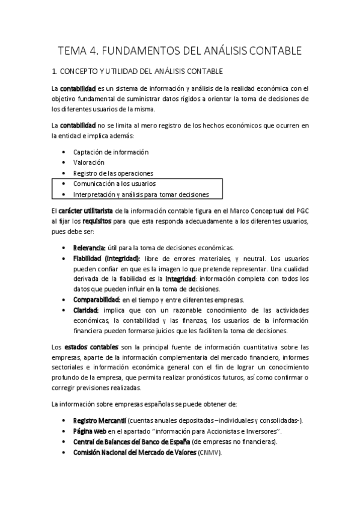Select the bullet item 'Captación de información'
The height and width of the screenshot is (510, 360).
[x=111, y=152]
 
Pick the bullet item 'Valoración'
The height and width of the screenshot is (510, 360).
[x=89, y=162]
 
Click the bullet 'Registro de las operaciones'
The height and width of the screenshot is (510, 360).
[x=113, y=173]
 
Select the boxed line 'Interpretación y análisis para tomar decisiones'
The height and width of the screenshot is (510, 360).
[x=141, y=194]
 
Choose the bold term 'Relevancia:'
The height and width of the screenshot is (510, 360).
[x=89, y=248]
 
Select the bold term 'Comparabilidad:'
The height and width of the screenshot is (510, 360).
[x=97, y=299]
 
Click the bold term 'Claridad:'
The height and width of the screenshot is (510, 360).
[x=86, y=310]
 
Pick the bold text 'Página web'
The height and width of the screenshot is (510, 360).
[x=90, y=431]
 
